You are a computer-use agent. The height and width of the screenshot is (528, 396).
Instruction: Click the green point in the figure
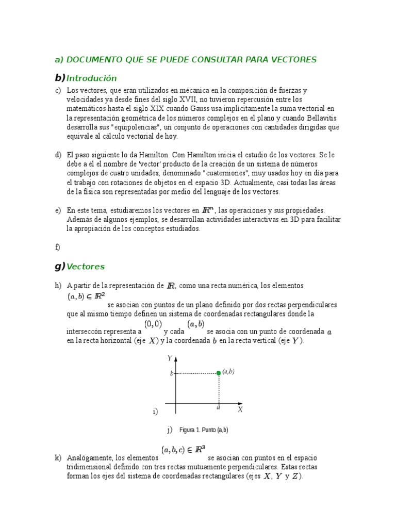tap(219, 373)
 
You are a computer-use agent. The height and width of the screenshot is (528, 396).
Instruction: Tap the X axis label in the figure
tap(240, 409)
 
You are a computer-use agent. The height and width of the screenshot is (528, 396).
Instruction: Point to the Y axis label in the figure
tap(170, 358)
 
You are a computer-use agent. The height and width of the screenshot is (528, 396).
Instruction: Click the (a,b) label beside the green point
tap(228, 371)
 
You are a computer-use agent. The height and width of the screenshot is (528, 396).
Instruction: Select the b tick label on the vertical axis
tap(172, 373)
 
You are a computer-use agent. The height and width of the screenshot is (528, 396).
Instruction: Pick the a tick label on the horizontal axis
tap(219, 407)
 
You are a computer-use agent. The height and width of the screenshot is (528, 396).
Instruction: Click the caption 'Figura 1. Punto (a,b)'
tap(204, 430)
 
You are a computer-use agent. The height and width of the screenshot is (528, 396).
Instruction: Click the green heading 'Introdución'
tap(91, 78)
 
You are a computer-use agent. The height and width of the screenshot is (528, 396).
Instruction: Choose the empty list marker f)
tap(58, 247)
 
